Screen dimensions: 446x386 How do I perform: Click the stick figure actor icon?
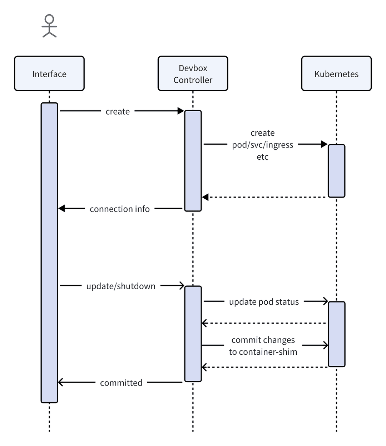pyautogui.click(x=49, y=26)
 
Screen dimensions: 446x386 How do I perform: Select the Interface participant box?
pyautogui.click(x=49, y=74)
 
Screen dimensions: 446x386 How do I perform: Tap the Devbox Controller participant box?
pyautogui.click(x=193, y=74)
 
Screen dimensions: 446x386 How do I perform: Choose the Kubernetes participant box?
pyautogui.click(x=336, y=74)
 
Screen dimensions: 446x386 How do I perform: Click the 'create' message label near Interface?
pyautogui.click(x=118, y=112)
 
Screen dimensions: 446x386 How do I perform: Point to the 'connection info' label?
pyautogui.click(x=119, y=209)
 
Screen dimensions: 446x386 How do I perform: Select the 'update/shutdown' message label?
pyautogui.click(x=121, y=286)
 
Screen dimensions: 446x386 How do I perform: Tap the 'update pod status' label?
pyautogui.click(x=264, y=302)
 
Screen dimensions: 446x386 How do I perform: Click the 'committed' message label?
pyautogui.click(x=121, y=383)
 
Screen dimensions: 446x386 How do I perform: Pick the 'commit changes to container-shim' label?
pyautogui.click(x=263, y=346)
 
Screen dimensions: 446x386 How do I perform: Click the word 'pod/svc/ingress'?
pyautogui.click(x=262, y=145)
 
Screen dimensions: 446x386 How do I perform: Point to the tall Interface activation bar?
pyautogui.click(x=49, y=252)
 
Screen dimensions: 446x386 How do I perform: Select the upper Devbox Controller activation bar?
pyautogui.click(x=193, y=161)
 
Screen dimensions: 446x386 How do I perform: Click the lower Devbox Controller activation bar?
pyautogui.click(x=193, y=334)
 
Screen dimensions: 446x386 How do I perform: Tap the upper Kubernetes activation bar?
pyautogui.click(x=336, y=171)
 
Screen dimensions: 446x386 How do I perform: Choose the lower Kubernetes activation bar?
pyautogui.click(x=336, y=334)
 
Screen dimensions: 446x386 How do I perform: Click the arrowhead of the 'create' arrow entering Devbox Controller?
pyautogui.click(x=181, y=111)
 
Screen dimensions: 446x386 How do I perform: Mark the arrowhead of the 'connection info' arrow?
pyautogui.click(x=61, y=208)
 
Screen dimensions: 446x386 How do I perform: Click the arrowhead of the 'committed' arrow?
pyautogui.click(x=61, y=382)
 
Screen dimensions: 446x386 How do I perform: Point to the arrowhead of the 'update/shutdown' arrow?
pyautogui.click(x=182, y=286)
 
